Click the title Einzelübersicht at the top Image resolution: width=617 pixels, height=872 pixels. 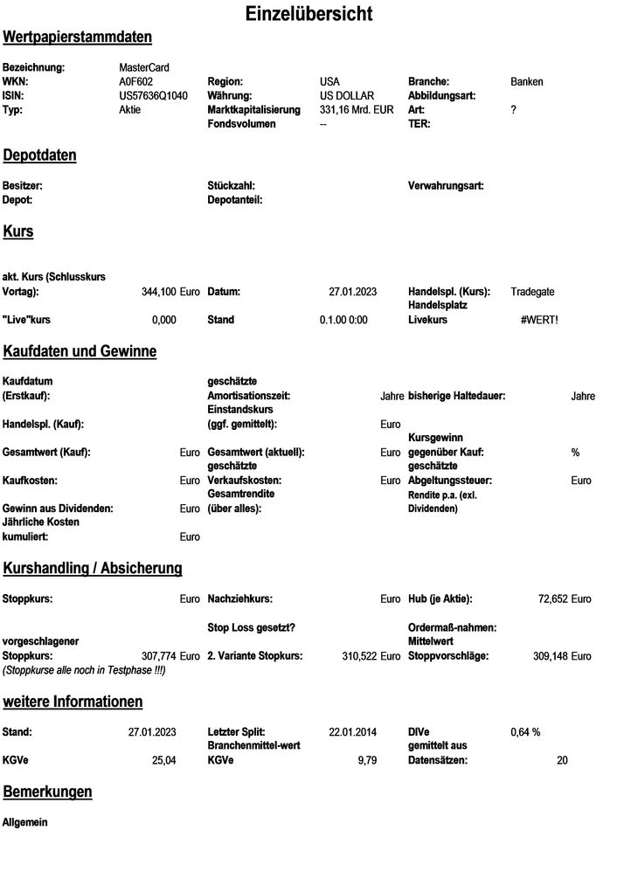tap(308, 14)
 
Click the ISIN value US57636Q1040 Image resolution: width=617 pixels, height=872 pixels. tap(153, 95)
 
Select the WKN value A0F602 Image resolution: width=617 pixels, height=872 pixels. tap(135, 81)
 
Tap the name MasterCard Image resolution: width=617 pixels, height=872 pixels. tap(144, 67)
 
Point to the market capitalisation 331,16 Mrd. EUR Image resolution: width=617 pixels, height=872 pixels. tap(357, 109)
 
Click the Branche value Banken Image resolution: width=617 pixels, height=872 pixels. tap(526, 81)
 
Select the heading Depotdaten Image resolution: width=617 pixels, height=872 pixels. tap(40, 156)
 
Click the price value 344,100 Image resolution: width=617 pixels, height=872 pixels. tap(158, 292)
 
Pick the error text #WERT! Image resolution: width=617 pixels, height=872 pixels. tap(538, 320)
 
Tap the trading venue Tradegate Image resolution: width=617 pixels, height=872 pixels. tap(532, 292)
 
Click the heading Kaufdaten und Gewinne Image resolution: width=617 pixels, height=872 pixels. tap(80, 351)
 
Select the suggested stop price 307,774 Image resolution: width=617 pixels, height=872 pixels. tap(158, 655)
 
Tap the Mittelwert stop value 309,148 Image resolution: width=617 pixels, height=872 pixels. tap(551, 655)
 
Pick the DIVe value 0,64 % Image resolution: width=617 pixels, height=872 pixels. tap(525, 732)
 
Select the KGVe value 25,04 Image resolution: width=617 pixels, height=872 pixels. tap(164, 760)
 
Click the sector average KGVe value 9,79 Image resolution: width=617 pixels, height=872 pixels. tap(367, 760)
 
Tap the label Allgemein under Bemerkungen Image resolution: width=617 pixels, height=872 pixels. tap(25, 822)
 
